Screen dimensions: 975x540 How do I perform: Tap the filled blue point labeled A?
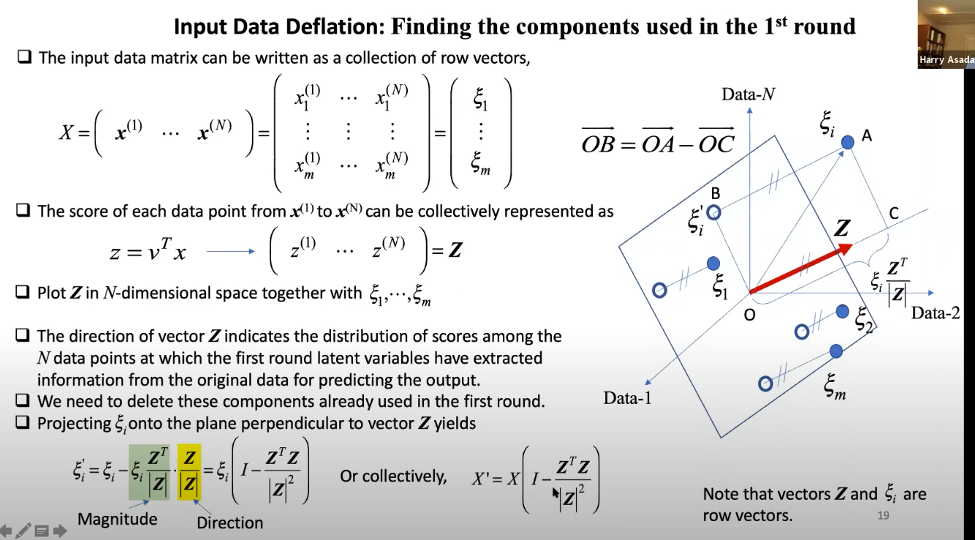[847, 142]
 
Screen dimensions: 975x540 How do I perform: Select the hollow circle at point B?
[714, 212]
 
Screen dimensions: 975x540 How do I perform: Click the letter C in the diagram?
[893, 214]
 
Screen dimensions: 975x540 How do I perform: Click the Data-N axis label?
[749, 94]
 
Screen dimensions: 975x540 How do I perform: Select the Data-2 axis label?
[935, 313]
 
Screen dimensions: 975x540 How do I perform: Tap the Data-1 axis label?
[627, 398]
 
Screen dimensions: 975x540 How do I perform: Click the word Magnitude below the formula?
[117, 520]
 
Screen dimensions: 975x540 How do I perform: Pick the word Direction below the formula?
[229, 522]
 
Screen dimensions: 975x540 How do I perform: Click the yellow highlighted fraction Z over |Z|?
[189, 473]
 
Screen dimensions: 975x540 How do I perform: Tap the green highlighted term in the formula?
[149, 473]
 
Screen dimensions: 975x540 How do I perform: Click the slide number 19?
[883, 516]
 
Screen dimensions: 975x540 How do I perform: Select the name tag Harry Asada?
[946, 60]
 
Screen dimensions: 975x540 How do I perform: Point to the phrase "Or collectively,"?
[393, 476]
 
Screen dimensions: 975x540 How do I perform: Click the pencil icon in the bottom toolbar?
[23, 530]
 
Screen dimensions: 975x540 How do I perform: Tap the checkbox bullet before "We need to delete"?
[23, 401]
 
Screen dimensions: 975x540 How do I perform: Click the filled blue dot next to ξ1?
[713, 263]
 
